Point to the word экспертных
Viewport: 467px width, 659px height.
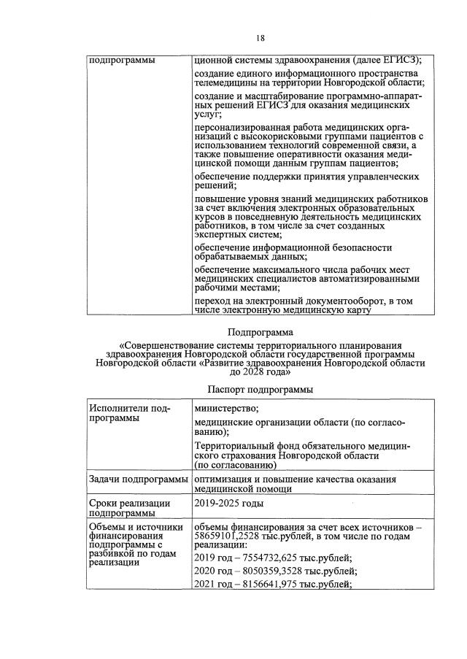point(218,235)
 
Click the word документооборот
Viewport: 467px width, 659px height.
point(331,300)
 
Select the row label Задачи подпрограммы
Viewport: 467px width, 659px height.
point(136,479)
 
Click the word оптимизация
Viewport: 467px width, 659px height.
point(228,479)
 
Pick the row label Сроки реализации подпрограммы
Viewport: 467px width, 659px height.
point(128,508)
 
